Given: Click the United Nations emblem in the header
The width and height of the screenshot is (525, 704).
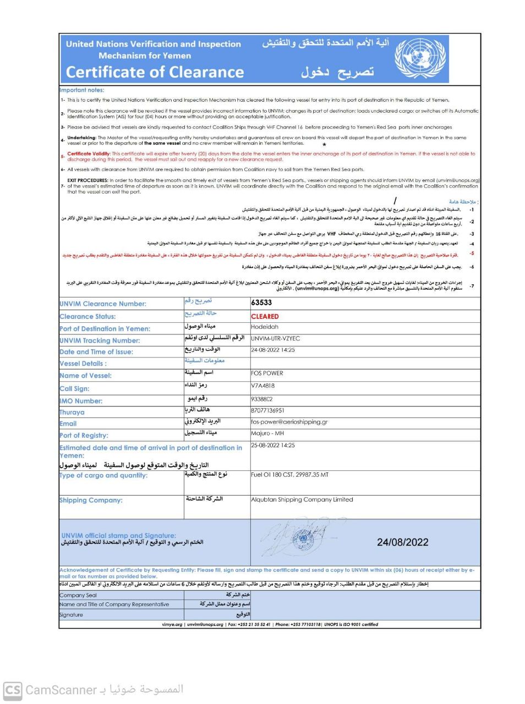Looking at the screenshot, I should point(421,59).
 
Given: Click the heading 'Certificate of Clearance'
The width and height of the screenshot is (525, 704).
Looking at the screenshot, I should point(155,72).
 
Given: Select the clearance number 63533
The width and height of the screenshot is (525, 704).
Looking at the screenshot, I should point(261,302).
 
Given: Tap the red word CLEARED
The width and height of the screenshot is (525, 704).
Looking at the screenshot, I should point(265,316).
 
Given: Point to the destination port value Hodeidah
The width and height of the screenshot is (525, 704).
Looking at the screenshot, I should point(265,327).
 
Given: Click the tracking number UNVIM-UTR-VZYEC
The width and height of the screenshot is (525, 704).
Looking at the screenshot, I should point(276,338).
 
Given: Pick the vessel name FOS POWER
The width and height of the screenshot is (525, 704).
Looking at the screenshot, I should point(267,373).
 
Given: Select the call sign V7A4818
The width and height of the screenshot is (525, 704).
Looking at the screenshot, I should point(262,386).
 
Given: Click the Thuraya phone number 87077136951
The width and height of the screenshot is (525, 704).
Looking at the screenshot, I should point(267,410).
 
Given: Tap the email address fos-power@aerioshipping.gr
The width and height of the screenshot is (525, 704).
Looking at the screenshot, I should point(289,422).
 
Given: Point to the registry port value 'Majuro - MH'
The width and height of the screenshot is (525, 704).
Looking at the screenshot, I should point(267,433).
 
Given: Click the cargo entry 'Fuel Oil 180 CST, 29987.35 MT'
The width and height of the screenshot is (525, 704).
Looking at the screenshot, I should point(289,474).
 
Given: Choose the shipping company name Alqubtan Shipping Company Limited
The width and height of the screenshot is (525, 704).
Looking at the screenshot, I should point(302,499).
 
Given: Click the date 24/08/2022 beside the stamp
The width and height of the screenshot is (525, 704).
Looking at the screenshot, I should point(402,542).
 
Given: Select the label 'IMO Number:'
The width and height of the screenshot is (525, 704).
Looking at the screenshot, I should point(81,401).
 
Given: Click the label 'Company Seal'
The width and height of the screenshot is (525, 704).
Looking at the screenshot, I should point(78,595).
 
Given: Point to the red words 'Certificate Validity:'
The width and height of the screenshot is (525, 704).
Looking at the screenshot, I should point(89,154).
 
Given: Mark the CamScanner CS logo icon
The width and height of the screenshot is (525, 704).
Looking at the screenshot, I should point(13,690).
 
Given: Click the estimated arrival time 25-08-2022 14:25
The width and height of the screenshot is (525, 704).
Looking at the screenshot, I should point(273,446).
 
